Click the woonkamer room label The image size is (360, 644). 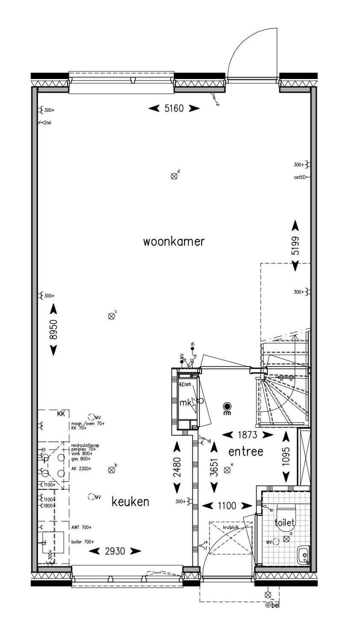click(x=174, y=242)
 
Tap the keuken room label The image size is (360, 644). click(x=130, y=501)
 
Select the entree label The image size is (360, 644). click(x=245, y=451)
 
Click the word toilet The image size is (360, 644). click(x=284, y=523)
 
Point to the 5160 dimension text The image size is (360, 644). click(x=174, y=108)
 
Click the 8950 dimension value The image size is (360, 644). click(x=53, y=330)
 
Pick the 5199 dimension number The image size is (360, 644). click(x=295, y=245)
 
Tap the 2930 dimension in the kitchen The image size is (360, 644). click(x=114, y=551)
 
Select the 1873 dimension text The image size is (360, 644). click(x=247, y=435)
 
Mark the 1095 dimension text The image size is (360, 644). click(x=285, y=456)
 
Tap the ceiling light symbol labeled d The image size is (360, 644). click(x=174, y=176)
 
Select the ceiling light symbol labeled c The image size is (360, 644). click(x=111, y=316)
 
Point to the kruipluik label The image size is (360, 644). click(x=230, y=527)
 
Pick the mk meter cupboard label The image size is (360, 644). click(x=185, y=403)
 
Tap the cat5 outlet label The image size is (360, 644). click(x=297, y=177)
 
